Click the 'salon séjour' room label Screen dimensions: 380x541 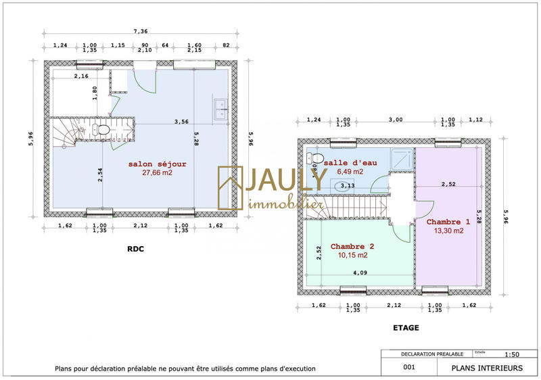point(158,164)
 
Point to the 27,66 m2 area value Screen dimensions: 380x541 point(158,173)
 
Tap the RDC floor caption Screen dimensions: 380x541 point(136,248)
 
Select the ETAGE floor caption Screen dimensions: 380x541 point(406,327)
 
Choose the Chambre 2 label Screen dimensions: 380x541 point(352,246)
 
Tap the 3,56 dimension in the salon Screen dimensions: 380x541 point(181,122)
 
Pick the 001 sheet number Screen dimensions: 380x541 point(408,368)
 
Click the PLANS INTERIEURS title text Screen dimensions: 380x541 point(487,368)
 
